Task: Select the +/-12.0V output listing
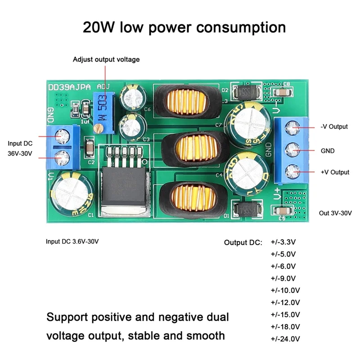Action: click(x=285, y=302)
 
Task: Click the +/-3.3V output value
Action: click(x=283, y=242)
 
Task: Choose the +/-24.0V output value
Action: click(x=285, y=339)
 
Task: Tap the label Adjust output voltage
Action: click(x=106, y=59)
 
